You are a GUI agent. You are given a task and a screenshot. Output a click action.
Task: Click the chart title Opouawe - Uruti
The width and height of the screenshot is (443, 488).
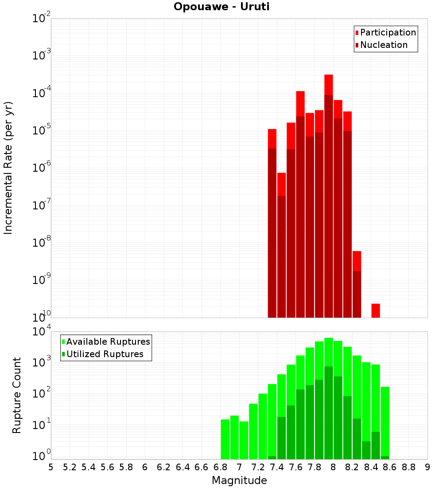point(221,7)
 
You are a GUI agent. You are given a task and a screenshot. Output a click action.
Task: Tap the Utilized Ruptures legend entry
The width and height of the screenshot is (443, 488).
point(105,354)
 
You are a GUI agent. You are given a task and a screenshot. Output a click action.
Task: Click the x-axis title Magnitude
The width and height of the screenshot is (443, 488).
point(239,480)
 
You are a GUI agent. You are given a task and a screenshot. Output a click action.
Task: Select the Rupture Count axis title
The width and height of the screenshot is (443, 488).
point(17,395)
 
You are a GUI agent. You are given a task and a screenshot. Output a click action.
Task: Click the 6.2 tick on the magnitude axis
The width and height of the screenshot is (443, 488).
point(164,467)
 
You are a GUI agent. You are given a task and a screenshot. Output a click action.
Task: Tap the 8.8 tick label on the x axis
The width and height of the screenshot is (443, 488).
point(409,467)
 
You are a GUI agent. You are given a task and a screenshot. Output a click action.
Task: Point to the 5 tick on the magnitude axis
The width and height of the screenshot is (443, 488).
point(51,467)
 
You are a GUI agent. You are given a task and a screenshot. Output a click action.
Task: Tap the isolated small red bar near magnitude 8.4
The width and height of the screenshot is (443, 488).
point(376,311)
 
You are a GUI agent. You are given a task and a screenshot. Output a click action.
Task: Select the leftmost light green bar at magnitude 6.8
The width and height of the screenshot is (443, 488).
point(225,439)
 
